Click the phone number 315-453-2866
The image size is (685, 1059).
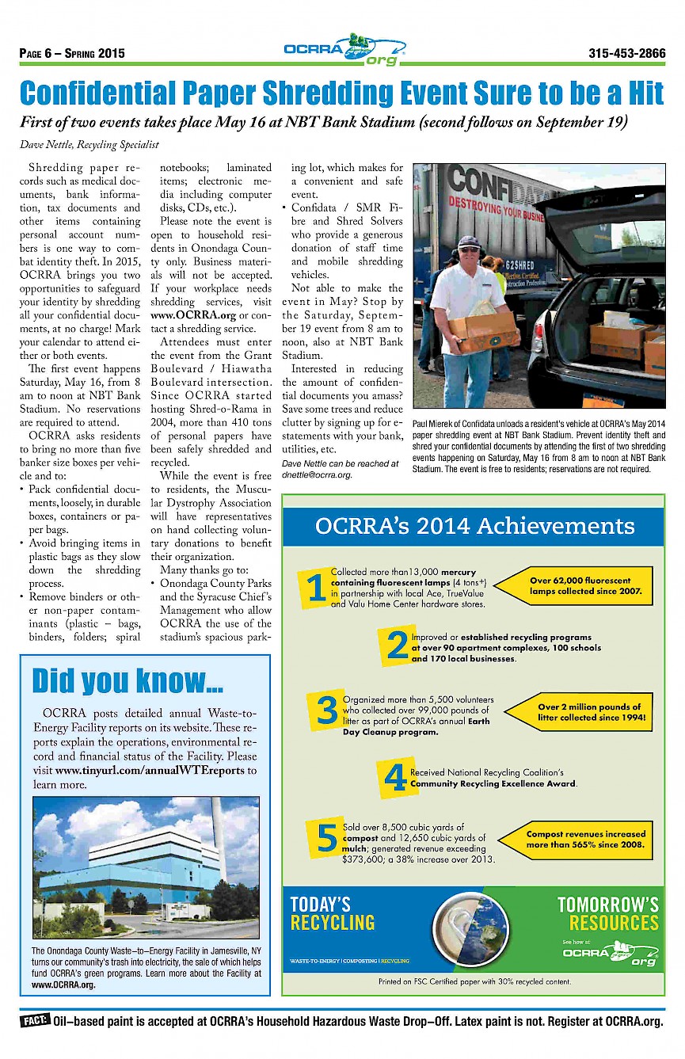pos(626,54)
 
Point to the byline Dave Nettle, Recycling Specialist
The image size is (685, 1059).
pos(89,144)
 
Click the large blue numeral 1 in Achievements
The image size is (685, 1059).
pos(315,588)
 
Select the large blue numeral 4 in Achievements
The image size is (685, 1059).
pos(394,778)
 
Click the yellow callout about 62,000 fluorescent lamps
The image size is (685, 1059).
pos(581,586)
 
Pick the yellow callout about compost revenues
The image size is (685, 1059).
pos(584,840)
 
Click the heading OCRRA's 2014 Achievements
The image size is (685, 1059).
pos(474,527)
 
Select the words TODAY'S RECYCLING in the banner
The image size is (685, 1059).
pos(332,913)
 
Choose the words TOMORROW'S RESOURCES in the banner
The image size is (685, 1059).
pos(607,913)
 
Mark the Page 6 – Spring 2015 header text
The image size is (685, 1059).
pos(72,55)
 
